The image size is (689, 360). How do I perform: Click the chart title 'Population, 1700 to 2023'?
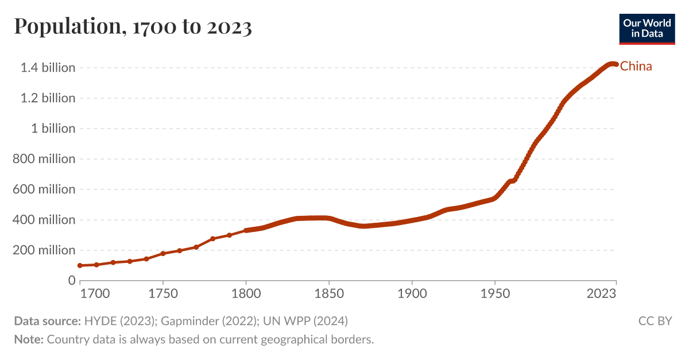133,27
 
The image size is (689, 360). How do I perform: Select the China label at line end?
636,66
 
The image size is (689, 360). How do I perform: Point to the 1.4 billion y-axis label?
48,68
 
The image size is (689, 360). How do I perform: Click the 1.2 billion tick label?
48,98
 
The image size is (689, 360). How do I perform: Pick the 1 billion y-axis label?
52,129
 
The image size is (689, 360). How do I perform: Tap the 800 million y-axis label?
44,159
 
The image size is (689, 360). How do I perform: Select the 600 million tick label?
44,189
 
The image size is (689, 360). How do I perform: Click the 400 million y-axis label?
44,220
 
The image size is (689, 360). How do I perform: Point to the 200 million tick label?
44,250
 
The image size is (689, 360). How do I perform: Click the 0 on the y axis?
72,281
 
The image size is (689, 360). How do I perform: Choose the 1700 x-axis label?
95,294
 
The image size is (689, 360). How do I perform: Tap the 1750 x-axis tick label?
163,294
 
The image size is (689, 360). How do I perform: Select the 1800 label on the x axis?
246,294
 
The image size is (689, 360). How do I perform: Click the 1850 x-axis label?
329,294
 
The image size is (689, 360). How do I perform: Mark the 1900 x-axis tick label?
412,294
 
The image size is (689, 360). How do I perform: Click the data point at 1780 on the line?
213,238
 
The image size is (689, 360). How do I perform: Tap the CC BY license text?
655,321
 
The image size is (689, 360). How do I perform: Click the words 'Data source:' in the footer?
48,321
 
